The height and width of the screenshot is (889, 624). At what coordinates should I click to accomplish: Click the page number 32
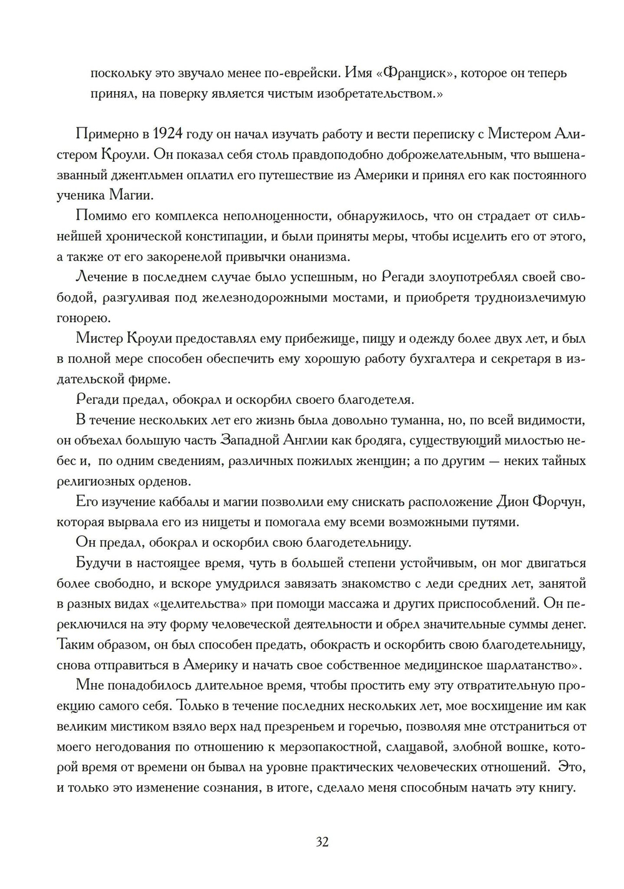322,842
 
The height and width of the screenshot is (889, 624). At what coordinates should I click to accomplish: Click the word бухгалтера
443,358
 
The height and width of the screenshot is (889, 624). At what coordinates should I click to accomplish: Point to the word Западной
252,440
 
